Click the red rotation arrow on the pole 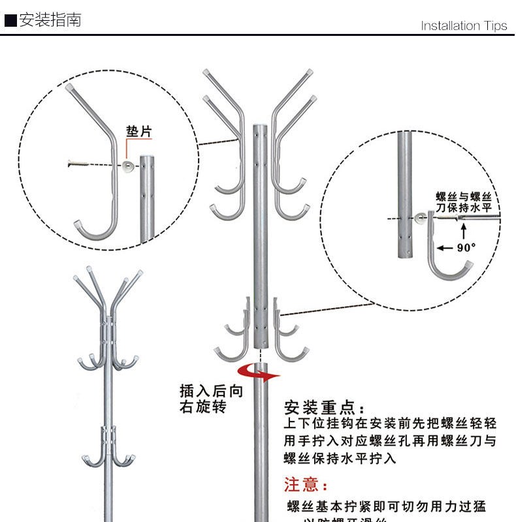point(258,372)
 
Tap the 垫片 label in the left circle point(138,132)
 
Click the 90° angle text point(466,248)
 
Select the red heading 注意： point(307,485)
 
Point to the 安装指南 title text point(50,20)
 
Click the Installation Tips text point(464,26)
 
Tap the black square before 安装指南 point(10,20)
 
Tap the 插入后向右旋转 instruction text point(212,399)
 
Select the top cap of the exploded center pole point(259,124)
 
